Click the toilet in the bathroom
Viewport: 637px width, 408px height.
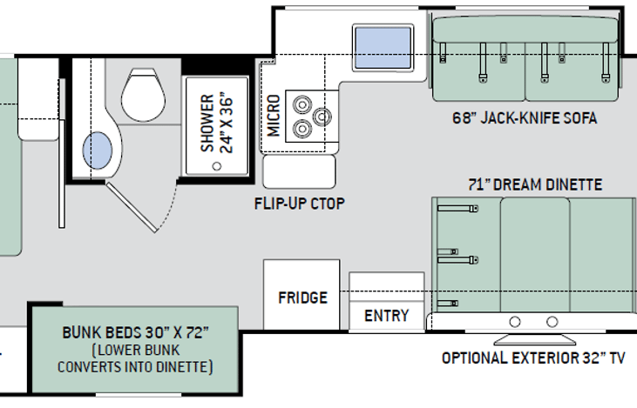point(144,95)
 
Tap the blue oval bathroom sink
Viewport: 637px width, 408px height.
point(98,150)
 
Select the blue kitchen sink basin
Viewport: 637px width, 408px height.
point(383,48)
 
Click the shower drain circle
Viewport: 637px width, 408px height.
point(217,166)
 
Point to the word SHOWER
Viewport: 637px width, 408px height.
point(207,124)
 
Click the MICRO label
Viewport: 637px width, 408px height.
point(274,116)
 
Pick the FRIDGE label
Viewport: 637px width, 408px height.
point(302,298)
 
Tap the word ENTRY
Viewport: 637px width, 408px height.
point(386,316)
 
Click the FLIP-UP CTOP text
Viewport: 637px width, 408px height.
point(300,204)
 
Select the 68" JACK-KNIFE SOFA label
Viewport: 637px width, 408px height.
point(525,118)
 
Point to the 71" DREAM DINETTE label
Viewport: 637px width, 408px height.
point(535,184)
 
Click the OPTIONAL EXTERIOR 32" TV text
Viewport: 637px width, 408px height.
point(533,358)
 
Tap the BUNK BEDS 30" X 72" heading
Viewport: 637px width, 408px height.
point(135,332)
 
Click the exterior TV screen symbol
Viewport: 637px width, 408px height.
point(534,338)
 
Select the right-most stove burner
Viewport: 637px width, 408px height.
point(322,117)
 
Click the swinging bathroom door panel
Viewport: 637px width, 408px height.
point(132,207)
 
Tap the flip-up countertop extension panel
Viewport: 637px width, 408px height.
point(300,171)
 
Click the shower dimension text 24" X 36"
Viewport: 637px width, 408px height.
point(227,125)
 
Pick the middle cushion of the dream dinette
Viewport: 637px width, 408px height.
point(535,255)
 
